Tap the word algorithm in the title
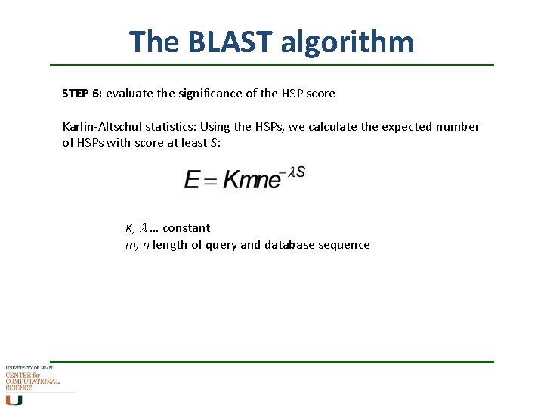coord(347,42)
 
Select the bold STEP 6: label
coord(82,94)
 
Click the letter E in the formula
coord(192,180)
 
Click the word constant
coord(186,228)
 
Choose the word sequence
coord(345,245)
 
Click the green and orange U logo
coord(14,400)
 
